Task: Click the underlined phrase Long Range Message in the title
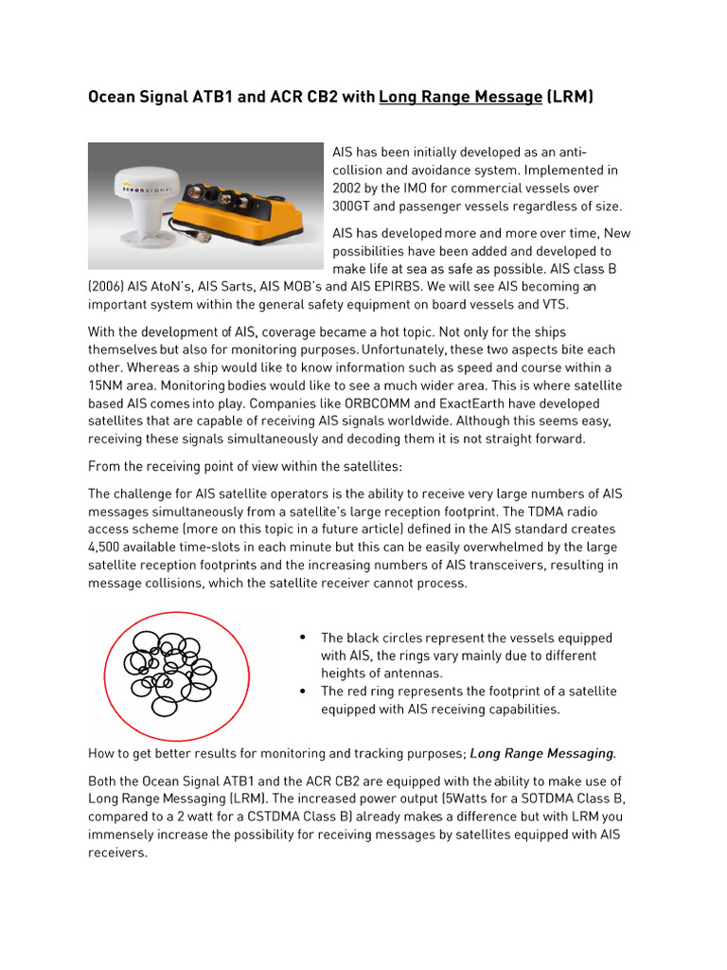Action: [460, 97]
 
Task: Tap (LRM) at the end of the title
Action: [571, 97]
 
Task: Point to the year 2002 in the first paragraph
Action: [350, 189]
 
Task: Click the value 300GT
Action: [357, 207]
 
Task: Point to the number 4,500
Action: [108, 548]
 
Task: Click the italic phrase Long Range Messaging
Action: [541, 754]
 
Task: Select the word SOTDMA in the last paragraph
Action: [537, 799]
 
